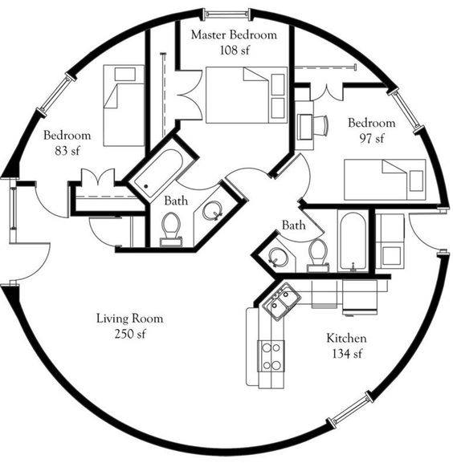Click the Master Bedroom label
(x=234, y=35)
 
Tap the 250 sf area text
(x=130, y=334)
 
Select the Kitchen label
(x=347, y=339)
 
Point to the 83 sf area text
(x=67, y=151)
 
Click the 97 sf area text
(x=372, y=139)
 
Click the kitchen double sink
(x=281, y=302)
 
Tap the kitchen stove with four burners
(x=271, y=356)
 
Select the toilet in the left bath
(x=171, y=229)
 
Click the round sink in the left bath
(x=212, y=210)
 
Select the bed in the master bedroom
(x=247, y=95)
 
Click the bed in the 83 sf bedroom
(x=124, y=105)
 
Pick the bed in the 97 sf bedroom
(x=385, y=180)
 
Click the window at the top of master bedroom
(x=226, y=14)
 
